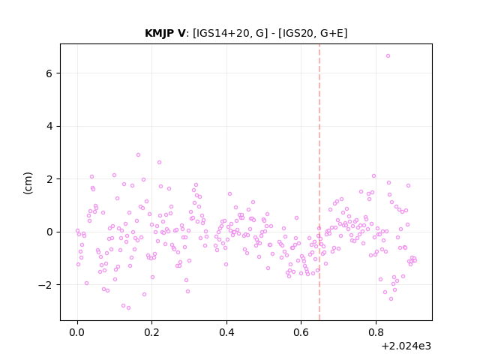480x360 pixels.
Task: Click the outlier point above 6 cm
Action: (x=388, y=56)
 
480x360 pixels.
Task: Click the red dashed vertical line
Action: (x=319, y=182)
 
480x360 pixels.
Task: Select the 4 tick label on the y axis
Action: (x=49, y=127)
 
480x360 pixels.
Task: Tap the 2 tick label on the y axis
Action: (x=49, y=179)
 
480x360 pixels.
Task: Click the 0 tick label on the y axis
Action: (x=49, y=232)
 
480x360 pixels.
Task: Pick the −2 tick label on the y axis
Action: (x=45, y=285)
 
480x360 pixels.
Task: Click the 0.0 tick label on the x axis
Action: (x=77, y=332)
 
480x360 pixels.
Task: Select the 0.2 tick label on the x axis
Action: (x=152, y=332)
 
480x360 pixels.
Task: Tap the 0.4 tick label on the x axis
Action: (x=226, y=332)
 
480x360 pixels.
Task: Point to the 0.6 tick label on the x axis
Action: (x=301, y=332)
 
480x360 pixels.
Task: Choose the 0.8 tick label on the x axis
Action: (x=376, y=332)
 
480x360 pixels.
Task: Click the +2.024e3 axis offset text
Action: (x=406, y=346)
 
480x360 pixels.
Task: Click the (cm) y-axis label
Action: (x=28, y=183)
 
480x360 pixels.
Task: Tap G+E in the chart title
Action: (x=332, y=33)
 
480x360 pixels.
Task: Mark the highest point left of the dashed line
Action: (x=138, y=155)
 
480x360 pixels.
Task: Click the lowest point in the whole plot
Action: (x=128, y=308)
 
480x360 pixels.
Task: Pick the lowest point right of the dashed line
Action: (x=391, y=298)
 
